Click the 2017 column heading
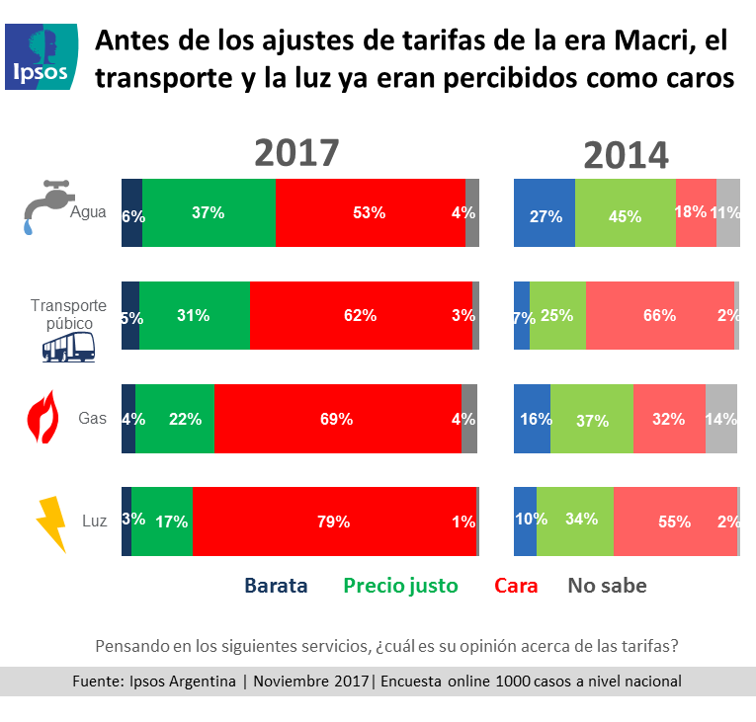pos(296,153)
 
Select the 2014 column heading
pos(626,155)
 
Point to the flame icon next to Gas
pos(41,417)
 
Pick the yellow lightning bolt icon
pos(50,522)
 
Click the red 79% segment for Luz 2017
pos(334,521)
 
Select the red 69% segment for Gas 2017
pos(337,419)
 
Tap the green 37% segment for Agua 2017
pos(209,212)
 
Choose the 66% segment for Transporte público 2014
pos(659,316)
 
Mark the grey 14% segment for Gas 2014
pos(721,419)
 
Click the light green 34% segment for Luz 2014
pos(574,521)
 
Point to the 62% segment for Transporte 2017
pos(361,316)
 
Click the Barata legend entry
pos(276,586)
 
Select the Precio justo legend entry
pos(400,586)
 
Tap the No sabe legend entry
pos(607,586)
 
